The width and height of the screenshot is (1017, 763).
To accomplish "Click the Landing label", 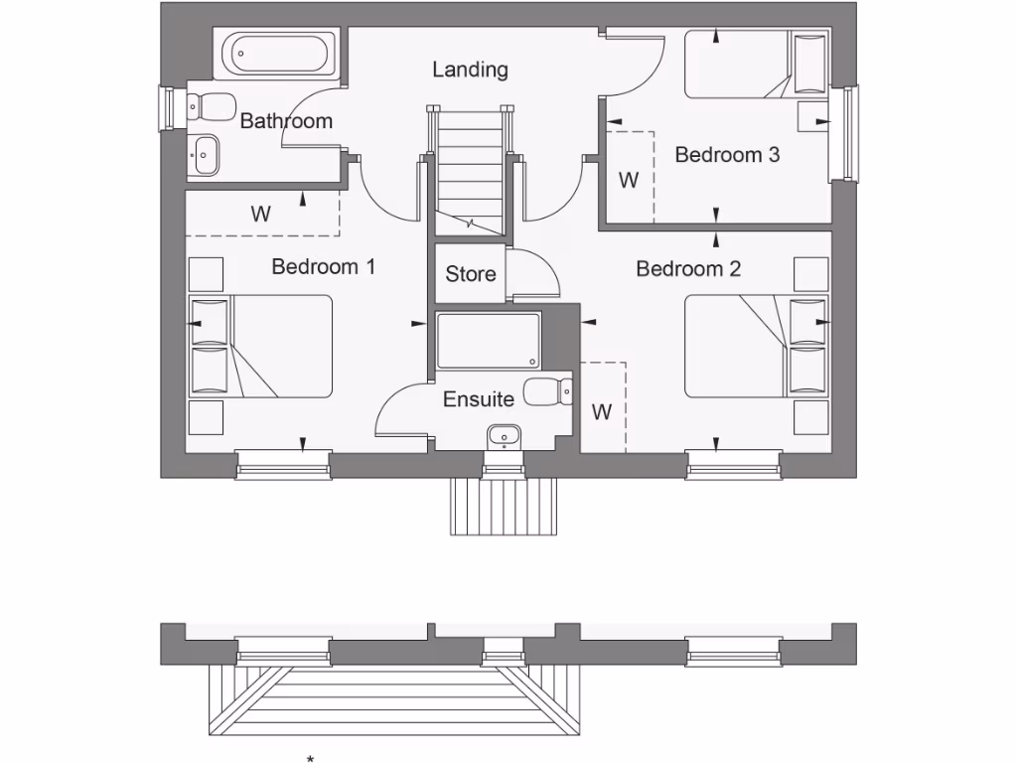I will tap(470, 70).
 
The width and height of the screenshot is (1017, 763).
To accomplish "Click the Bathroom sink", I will tap(207, 154).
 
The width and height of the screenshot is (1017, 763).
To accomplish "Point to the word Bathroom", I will tap(286, 121).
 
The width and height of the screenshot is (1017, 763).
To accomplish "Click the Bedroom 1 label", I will tap(323, 267).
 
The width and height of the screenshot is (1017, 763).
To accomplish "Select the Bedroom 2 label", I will tap(688, 269).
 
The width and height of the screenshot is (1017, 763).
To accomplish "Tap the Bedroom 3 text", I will tap(727, 155).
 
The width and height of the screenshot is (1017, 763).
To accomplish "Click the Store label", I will tap(470, 274).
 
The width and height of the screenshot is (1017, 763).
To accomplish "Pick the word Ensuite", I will tap(479, 399).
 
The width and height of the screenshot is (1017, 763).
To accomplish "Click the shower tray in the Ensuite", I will tap(488, 341).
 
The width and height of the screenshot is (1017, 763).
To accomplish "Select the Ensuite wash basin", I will tap(505, 437).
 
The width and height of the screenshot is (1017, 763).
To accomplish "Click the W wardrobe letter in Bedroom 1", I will tap(260, 214).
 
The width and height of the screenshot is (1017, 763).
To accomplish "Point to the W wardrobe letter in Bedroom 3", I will tap(628, 181).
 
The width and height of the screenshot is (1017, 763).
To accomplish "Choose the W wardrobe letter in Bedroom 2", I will tap(602, 412).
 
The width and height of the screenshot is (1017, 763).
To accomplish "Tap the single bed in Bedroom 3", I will tap(755, 65).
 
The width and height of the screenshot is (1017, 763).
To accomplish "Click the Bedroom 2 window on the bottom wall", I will tap(733, 464).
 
